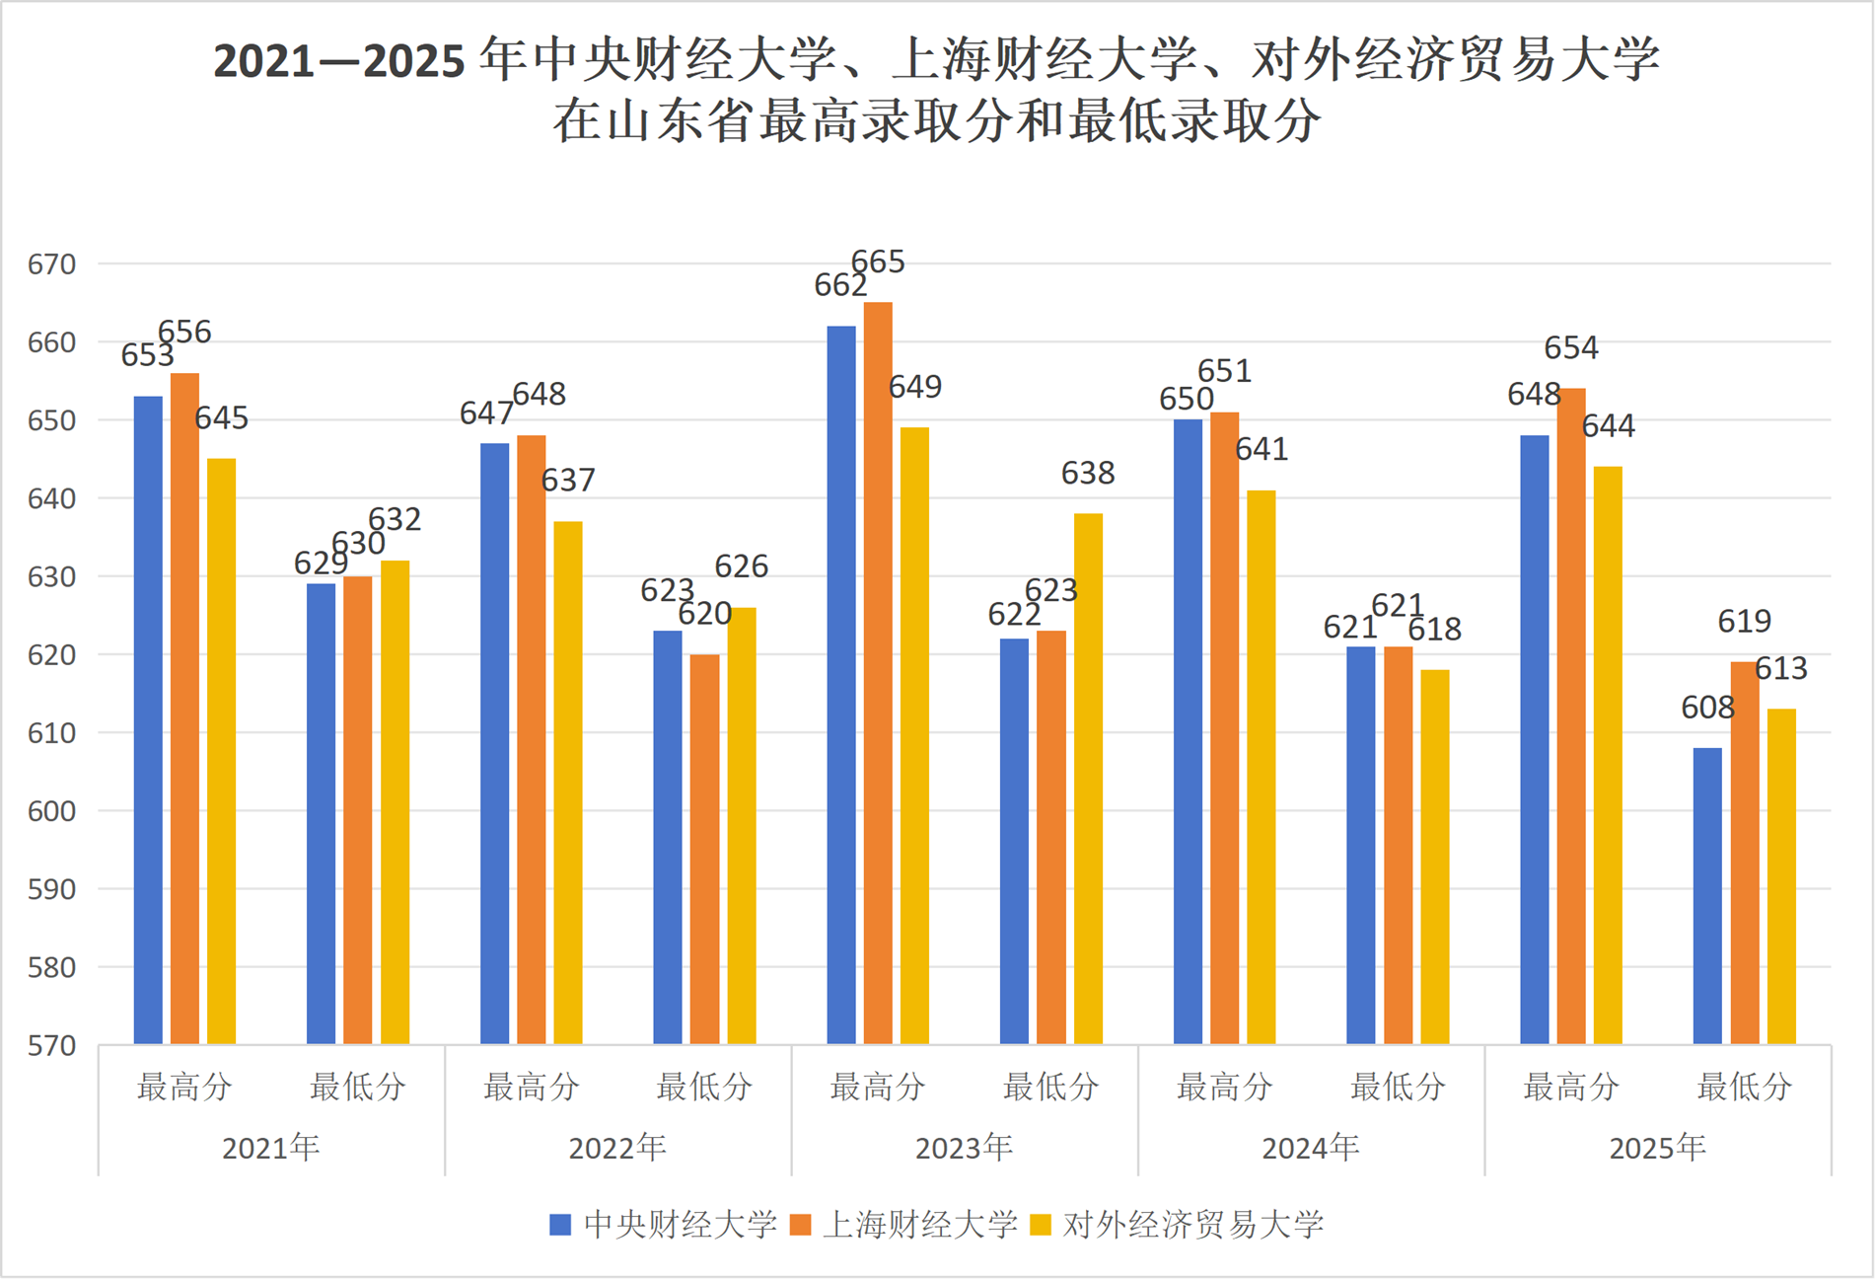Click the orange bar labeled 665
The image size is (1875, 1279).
tap(878, 671)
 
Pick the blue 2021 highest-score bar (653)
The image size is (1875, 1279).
tap(148, 719)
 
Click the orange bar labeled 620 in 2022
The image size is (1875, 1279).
tap(704, 849)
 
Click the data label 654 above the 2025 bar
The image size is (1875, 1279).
tap(1570, 347)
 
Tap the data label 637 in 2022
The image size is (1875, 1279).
tap(568, 481)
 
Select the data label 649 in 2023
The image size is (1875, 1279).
tap(914, 387)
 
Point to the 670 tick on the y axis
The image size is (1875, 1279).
tap(51, 264)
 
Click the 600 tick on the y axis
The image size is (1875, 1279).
tap(51, 811)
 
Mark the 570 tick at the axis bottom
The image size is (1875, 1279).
tap(51, 1045)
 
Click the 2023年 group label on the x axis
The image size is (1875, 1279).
tap(964, 1148)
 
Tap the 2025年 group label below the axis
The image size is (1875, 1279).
tap(1657, 1148)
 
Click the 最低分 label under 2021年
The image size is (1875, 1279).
tap(357, 1088)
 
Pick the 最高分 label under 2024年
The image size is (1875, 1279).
tap(1224, 1088)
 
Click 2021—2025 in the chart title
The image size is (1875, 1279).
tap(338, 61)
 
